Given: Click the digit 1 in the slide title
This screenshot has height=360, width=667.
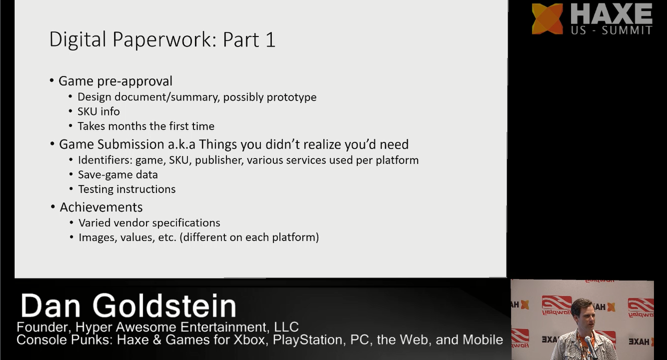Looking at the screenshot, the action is pos(270,40).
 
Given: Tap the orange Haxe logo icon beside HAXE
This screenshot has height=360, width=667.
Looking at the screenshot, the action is pos(547,19).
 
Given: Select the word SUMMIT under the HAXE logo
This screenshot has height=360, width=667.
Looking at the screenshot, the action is pos(627,30).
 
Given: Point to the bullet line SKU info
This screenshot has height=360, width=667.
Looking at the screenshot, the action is pos(99,112).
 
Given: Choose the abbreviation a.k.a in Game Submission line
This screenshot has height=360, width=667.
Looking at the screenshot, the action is pos(181,144).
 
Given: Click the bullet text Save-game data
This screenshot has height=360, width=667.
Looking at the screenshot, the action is pos(118,175).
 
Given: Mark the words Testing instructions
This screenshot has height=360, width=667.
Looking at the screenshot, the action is pos(127,189).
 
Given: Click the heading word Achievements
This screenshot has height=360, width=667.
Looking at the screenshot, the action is pos(101,207).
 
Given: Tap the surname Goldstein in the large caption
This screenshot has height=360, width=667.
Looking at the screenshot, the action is pos(164,305).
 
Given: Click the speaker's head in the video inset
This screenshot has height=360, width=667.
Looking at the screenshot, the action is pos(583,312).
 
